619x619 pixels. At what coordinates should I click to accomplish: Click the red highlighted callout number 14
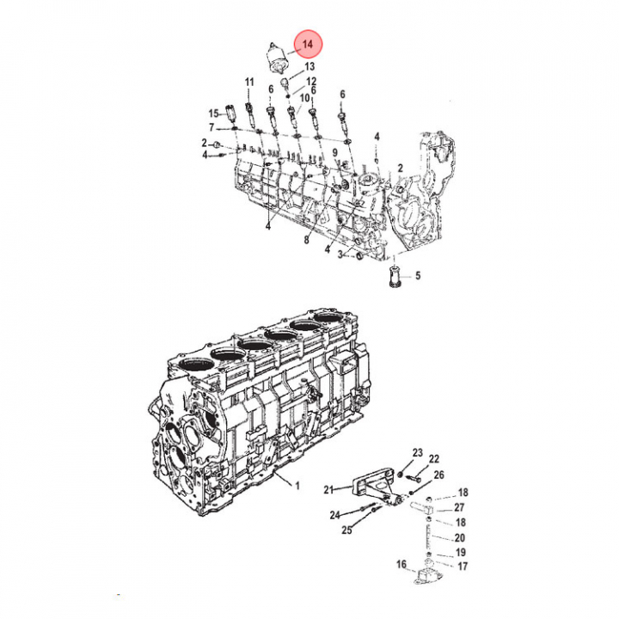(308, 44)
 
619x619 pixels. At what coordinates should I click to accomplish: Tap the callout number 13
(309, 66)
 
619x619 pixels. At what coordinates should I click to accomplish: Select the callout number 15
(213, 113)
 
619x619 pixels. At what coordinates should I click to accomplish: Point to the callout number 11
(249, 83)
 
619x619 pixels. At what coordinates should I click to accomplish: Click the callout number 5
(418, 275)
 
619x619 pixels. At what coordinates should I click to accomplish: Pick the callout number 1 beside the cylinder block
(297, 486)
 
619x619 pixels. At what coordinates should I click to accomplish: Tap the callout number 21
(328, 490)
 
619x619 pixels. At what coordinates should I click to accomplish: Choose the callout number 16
(401, 565)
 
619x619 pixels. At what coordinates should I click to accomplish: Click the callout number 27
(459, 507)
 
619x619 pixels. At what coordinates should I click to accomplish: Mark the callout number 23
(418, 453)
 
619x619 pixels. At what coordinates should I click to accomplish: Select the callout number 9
(334, 153)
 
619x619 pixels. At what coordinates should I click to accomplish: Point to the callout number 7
(211, 128)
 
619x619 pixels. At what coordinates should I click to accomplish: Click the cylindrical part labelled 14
(277, 58)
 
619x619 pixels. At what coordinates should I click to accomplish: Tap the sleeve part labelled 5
(395, 276)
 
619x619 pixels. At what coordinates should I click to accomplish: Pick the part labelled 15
(230, 113)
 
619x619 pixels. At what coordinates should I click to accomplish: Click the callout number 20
(459, 537)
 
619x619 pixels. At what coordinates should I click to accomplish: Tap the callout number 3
(340, 254)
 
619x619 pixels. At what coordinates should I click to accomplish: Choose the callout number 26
(438, 475)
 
